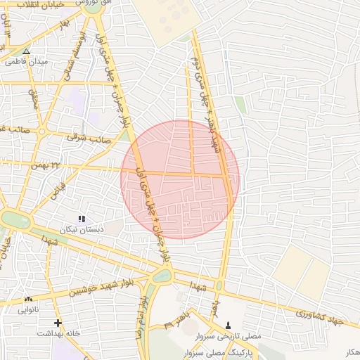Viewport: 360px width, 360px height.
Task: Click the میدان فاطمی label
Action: (x=27, y=62)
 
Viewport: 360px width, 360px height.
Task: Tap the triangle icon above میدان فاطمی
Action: (x=27, y=51)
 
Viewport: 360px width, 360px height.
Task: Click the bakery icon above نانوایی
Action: (x=29, y=299)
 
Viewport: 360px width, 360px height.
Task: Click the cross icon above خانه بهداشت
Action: (x=58, y=323)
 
